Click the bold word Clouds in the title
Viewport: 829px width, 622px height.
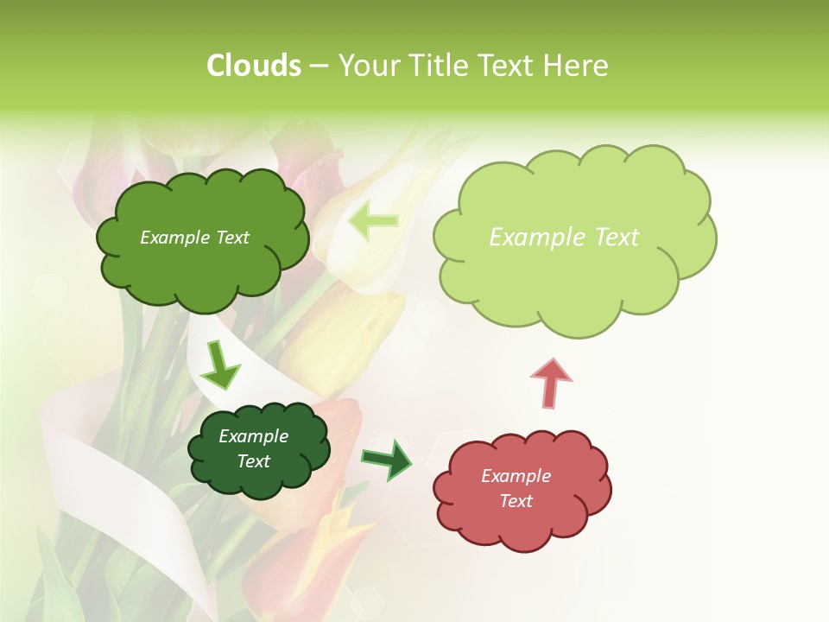point(253,66)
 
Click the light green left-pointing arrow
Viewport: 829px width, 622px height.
point(373,220)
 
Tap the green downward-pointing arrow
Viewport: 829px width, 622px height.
point(220,366)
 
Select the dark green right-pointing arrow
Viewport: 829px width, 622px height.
point(387,460)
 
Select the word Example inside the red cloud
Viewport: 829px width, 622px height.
point(516,476)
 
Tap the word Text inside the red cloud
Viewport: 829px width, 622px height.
point(516,501)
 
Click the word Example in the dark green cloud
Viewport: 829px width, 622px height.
point(253,436)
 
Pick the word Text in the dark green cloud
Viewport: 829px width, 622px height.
point(253,461)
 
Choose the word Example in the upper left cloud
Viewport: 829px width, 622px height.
point(176,238)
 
